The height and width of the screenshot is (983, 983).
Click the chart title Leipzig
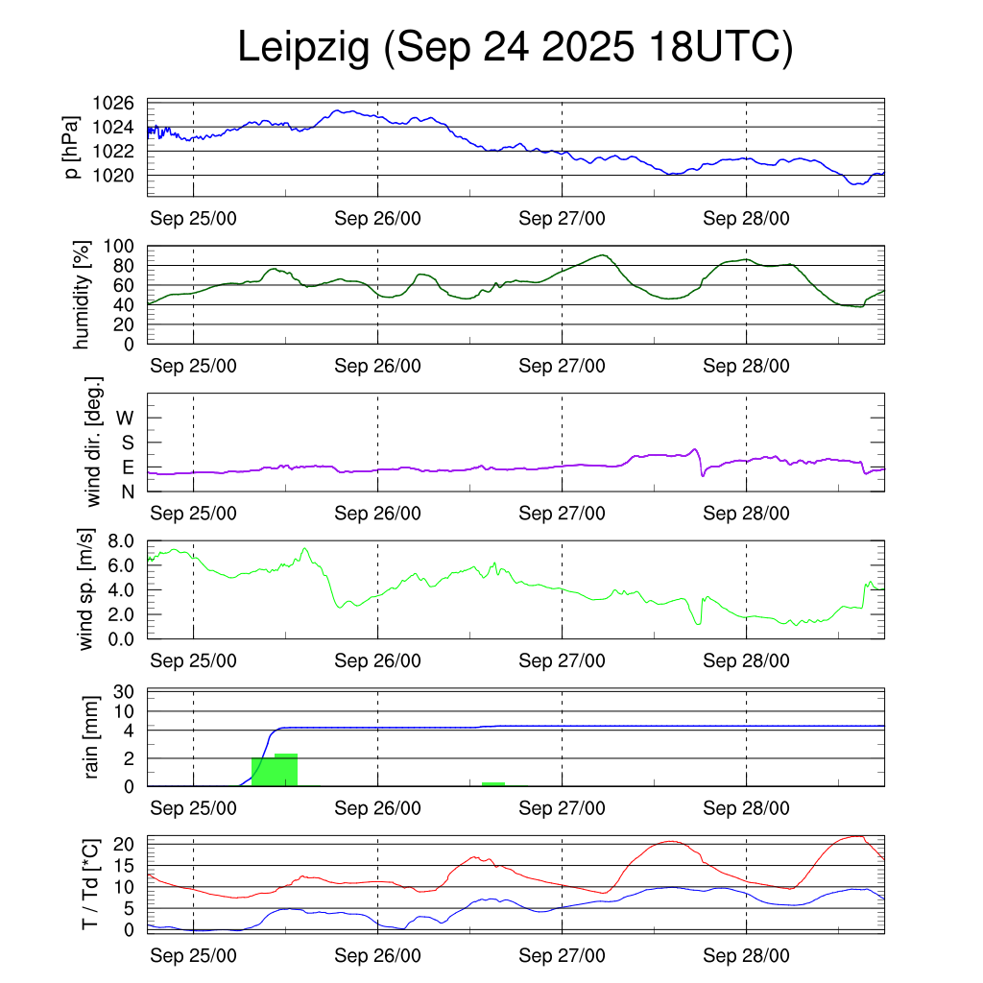tap(303, 49)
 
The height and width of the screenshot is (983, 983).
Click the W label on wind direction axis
tap(126, 418)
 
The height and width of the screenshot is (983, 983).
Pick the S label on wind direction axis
tap(127, 443)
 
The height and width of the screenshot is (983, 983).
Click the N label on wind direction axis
tap(127, 491)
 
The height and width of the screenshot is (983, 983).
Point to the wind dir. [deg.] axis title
tap(93, 442)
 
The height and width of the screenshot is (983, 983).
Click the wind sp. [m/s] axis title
tap(88, 588)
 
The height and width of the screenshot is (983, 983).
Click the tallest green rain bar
tap(286, 770)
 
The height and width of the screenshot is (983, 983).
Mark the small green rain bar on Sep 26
tap(493, 784)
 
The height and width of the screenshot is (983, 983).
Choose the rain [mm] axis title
tap(93, 737)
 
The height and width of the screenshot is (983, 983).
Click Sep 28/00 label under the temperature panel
tap(747, 956)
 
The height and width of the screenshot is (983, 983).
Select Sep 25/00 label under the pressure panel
tap(194, 218)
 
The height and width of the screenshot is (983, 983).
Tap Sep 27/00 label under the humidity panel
tap(563, 366)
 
